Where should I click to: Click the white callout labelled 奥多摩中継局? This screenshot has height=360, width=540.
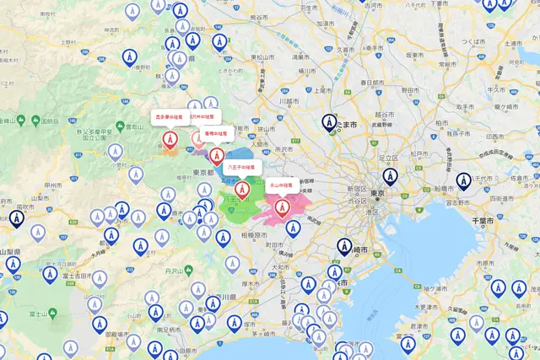pyautogui.click(x=169, y=116)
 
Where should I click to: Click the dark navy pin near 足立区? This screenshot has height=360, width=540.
pyautogui.click(x=389, y=177)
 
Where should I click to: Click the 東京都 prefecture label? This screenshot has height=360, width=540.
pyautogui.click(x=202, y=172)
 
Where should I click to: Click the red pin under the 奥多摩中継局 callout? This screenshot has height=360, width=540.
pyautogui.click(x=170, y=139)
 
